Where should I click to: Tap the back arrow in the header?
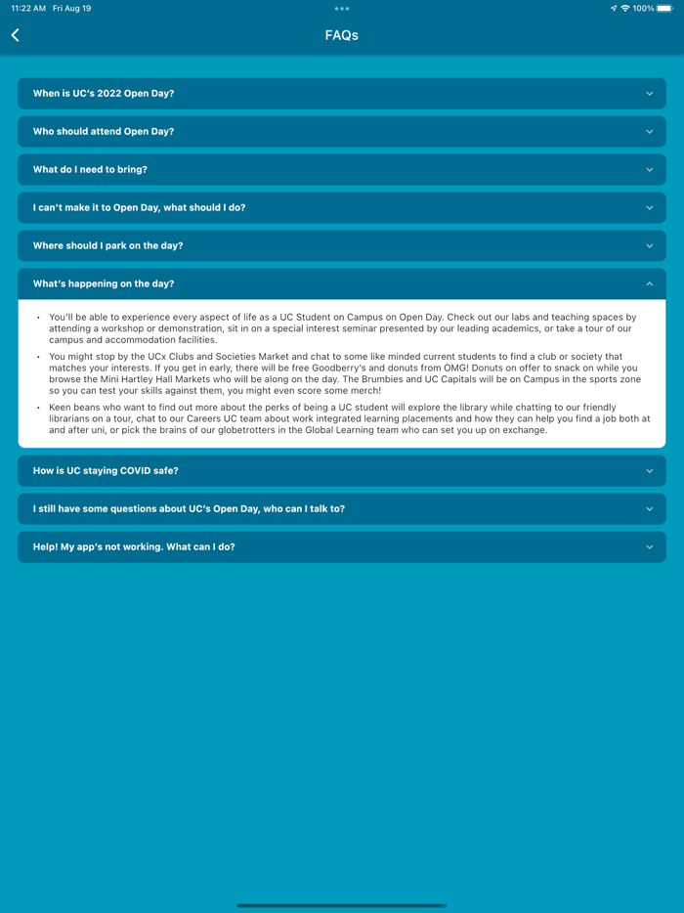coord(16,35)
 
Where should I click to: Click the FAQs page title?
coord(342,35)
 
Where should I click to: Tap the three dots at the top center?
coord(342,9)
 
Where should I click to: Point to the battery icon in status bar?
coord(664,9)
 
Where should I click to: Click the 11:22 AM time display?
coord(28,9)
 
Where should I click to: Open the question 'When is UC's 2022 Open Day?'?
coord(104,94)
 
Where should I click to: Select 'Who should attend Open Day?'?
coord(104,132)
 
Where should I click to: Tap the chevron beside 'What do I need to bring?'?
coord(649,170)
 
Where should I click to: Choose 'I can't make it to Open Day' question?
coord(139,208)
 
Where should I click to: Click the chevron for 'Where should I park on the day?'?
coord(649,246)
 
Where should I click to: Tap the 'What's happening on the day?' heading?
coord(104,284)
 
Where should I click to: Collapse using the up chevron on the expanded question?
coord(649,284)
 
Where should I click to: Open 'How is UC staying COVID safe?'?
coord(106,471)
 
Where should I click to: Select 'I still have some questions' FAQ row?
coord(189,509)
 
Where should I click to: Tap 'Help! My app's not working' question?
coord(134,547)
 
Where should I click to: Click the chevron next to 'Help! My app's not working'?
coord(649,547)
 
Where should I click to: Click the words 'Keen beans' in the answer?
coord(70,408)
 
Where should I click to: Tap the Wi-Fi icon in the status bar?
coord(625,9)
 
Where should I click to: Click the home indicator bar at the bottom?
coord(342,905)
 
